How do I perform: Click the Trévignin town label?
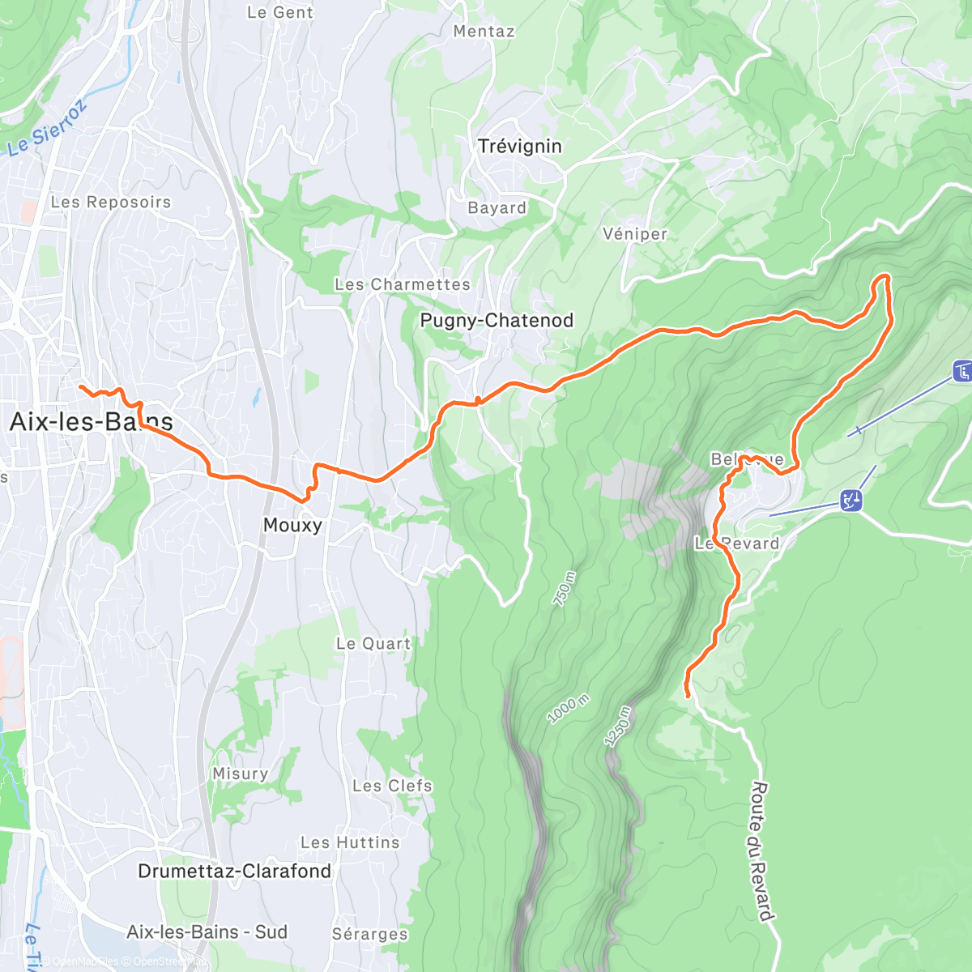(x=519, y=147)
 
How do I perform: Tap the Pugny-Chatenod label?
(x=497, y=321)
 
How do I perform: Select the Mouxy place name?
(x=292, y=526)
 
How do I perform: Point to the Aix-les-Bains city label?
(x=91, y=422)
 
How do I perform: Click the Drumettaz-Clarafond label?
(x=234, y=872)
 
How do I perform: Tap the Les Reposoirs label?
(x=111, y=202)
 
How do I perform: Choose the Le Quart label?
(x=373, y=644)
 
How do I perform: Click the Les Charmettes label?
(x=403, y=285)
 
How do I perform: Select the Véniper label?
(x=635, y=234)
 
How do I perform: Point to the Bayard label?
(x=497, y=208)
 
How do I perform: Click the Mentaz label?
(x=484, y=32)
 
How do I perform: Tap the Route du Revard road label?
(x=761, y=850)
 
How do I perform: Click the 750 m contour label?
(x=565, y=589)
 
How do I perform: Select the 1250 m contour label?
(x=617, y=726)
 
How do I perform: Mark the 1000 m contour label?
(x=569, y=710)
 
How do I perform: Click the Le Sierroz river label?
(x=47, y=130)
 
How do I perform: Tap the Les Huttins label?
(x=350, y=843)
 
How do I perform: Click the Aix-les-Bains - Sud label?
(x=207, y=932)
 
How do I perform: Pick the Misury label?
(x=240, y=774)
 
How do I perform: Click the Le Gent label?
(x=279, y=13)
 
